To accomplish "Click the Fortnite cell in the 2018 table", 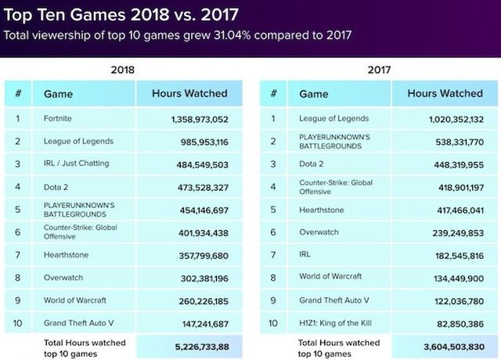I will [59, 120].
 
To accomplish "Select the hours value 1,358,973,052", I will [200, 120].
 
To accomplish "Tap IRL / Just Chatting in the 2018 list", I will [77, 163].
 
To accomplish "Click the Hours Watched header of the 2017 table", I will [445, 94].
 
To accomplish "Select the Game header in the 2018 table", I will [59, 94].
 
